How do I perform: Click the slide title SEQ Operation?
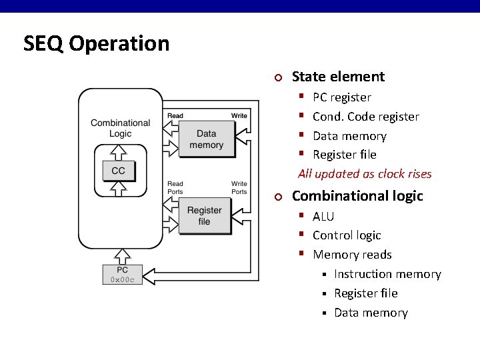click(x=96, y=43)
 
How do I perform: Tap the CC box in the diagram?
click(x=118, y=171)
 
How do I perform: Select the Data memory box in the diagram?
click(x=206, y=139)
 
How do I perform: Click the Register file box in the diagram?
click(x=204, y=216)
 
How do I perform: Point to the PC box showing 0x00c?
click(x=122, y=275)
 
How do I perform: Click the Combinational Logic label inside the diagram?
click(x=120, y=128)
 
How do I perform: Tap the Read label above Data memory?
click(x=175, y=116)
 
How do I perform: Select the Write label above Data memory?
click(x=239, y=116)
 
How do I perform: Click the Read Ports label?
click(x=175, y=188)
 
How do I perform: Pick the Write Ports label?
click(x=239, y=188)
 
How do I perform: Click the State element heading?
click(x=338, y=77)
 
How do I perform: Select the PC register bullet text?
click(x=341, y=97)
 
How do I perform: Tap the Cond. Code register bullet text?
click(x=365, y=117)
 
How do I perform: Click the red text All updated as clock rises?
click(x=365, y=174)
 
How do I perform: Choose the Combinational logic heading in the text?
click(x=357, y=196)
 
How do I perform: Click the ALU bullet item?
click(x=323, y=217)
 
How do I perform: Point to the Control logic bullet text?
click(x=347, y=235)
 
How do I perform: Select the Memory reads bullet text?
click(x=352, y=255)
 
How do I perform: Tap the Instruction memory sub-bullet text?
click(x=387, y=274)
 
